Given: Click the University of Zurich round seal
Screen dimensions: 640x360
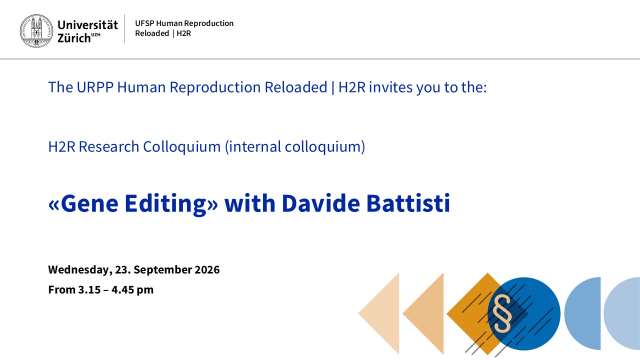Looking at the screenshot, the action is [x=36, y=31].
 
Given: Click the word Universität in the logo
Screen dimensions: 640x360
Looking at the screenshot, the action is [x=87, y=25].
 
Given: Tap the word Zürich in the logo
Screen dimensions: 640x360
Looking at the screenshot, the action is [x=74, y=38].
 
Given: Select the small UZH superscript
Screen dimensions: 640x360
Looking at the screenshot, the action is [x=95, y=35].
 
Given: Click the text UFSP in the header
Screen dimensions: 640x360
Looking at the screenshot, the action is [x=144, y=23].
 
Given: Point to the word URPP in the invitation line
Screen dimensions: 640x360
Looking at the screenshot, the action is [x=95, y=87].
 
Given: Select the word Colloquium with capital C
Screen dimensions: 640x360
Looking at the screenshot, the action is [x=181, y=147].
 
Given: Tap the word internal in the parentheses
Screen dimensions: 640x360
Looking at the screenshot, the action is [x=253, y=146].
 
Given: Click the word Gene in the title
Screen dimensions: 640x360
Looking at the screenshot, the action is [x=89, y=203].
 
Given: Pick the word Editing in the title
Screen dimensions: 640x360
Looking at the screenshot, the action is [x=165, y=203].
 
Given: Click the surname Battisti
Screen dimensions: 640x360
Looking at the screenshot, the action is [x=408, y=203].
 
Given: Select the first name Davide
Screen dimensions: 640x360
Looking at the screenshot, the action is [x=321, y=203].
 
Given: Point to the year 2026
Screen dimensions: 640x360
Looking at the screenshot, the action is [x=207, y=269].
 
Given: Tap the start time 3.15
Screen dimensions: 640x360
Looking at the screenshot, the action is [x=89, y=289].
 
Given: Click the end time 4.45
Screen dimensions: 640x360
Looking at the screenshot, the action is [x=122, y=289].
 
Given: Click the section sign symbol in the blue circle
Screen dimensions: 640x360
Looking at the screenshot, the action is [x=502, y=313].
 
